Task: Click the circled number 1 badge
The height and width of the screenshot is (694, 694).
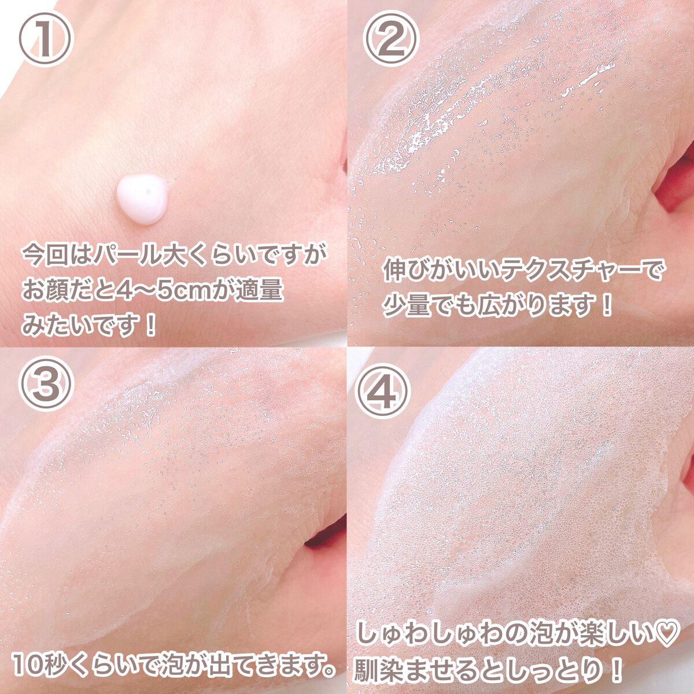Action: tap(46, 38)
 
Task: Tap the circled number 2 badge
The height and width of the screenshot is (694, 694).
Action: tap(391, 38)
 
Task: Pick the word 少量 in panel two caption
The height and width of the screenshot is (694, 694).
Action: tap(414, 305)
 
